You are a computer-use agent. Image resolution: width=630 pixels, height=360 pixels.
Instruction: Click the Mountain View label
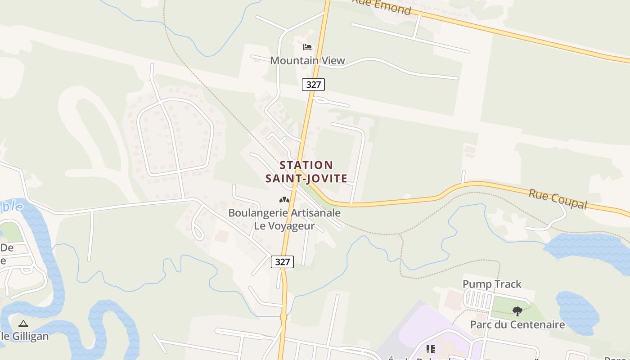pyautogui.click(x=307, y=60)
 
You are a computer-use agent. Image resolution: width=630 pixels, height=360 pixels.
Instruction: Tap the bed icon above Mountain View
pyautogui.click(x=307, y=47)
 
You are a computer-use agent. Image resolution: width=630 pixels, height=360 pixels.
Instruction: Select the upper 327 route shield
pyautogui.click(x=313, y=84)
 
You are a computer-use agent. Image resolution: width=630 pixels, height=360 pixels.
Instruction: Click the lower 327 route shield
pyautogui.click(x=283, y=262)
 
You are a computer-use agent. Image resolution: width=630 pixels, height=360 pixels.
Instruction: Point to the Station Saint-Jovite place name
pyautogui.click(x=306, y=172)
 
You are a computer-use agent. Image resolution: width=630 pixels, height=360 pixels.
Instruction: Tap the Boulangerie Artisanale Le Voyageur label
pyautogui.click(x=284, y=219)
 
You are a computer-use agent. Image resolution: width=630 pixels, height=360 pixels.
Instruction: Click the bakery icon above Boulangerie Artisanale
pyautogui.click(x=284, y=199)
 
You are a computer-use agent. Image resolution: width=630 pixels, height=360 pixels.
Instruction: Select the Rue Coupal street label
pyautogui.click(x=558, y=199)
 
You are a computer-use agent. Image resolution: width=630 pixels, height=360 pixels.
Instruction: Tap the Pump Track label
pyautogui.click(x=492, y=284)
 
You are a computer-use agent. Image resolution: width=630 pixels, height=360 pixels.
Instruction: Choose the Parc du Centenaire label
pyautogui.click(x=517, y=324)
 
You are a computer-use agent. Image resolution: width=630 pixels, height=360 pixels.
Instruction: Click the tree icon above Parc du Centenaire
pyautogui.click(x=517, y=310)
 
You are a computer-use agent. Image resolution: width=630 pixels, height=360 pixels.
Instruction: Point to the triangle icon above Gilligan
pyautogui.click(x=23, y=323)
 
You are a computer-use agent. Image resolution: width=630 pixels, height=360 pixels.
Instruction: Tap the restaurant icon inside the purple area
pyautogui.click(x=431, y=349)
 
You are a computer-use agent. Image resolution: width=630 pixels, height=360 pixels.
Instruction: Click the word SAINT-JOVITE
pyautogui.click(x=306, y=179)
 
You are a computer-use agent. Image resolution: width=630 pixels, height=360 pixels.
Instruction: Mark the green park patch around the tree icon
pyautogui.click(x=504, y=306)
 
